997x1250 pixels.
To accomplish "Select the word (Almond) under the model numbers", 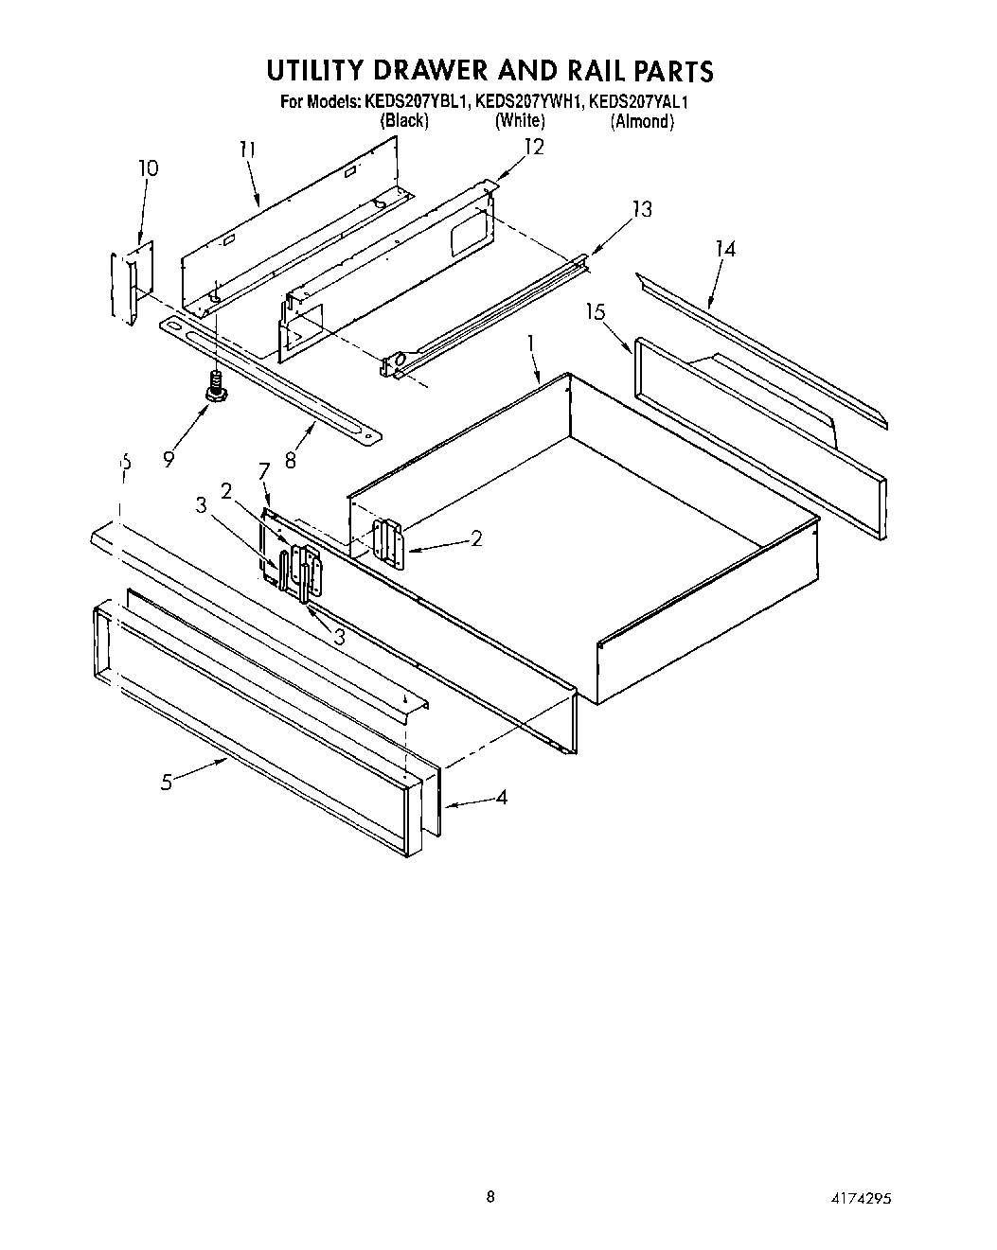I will [642, 121].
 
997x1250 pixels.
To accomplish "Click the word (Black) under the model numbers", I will [404, 121].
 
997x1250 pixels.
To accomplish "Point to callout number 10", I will [148, 168].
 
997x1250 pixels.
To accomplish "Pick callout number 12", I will [534, 148].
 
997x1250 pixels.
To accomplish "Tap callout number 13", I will [642, 209].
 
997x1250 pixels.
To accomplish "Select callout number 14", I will [725, 249].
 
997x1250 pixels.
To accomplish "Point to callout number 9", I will [169, 459].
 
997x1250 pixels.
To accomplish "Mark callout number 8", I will [291, 461].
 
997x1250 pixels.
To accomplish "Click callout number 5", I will [167, 783].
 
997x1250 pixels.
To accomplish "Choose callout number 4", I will [501, 798].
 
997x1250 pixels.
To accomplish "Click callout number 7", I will [264, 469].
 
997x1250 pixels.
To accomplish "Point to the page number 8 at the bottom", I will [490, 1197].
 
